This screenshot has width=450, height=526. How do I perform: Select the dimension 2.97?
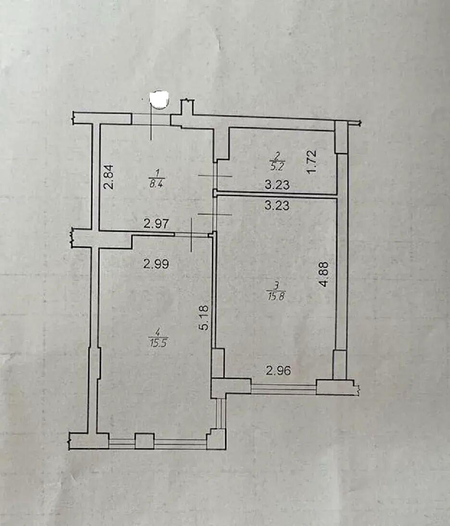tap(156, 223)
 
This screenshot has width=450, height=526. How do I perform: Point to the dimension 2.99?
tap(156, 264)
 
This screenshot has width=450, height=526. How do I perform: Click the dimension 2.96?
tap(278, 371)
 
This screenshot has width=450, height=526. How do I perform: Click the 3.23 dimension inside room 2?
tap(277, 184)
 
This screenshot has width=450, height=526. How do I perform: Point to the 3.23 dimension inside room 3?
tap(277, 205)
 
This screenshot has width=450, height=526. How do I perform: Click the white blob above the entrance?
tap(159, 100)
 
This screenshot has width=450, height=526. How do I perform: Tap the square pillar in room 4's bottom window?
tap(145, 441)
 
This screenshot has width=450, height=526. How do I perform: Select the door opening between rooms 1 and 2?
tap(216, 176)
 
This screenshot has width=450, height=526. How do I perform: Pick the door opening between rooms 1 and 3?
tap(216, 214)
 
